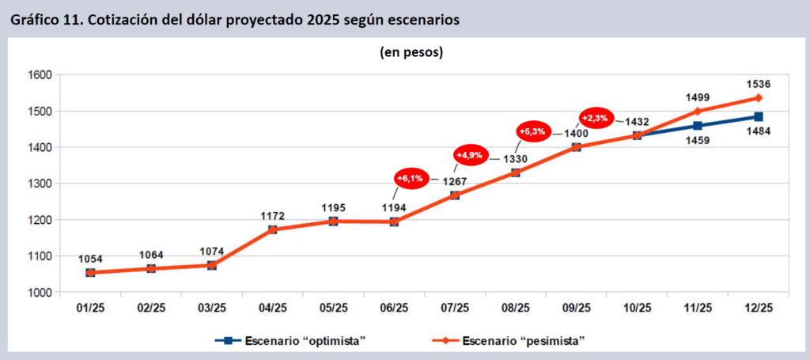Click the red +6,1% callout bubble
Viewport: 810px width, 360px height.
coord(412,179)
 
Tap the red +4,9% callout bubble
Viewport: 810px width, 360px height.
coord(472,155)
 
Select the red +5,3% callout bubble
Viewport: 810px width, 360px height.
coord(532,131)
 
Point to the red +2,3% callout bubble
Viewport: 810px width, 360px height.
coord(595,118)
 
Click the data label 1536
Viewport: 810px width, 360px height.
coord(758,84)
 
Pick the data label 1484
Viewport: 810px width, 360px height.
coord(758,134)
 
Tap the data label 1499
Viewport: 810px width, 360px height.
coord(697,97)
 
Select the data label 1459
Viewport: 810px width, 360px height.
coord(697,141)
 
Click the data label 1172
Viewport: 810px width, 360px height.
coord(272,215)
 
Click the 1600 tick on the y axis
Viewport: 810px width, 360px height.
coord(38,75)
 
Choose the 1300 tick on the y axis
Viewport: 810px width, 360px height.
coord(38,184)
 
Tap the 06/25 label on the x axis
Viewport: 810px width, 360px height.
coord(393,308)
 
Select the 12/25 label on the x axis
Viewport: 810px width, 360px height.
coord(757,308)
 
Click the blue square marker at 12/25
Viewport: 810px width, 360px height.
coord(758,117)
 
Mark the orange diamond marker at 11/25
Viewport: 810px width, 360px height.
coord(697,111)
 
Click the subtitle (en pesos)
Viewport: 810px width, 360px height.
coord(407,53)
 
